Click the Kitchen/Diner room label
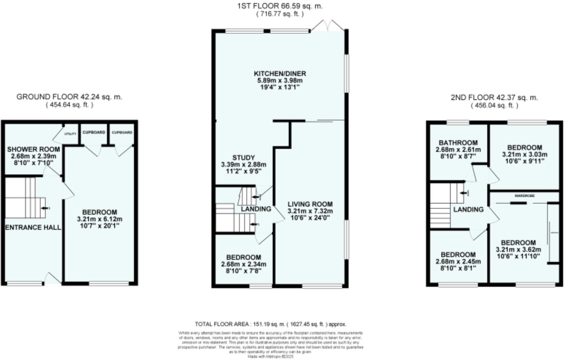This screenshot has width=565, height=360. click(280, 74)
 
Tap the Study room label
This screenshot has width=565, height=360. click(243, 158)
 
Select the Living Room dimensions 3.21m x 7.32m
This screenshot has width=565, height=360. click(310, 211)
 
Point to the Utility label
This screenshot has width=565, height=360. click(70, 134)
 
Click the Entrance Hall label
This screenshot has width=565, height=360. click(33, 227)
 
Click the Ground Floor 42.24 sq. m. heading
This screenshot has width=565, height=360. click(69, 97)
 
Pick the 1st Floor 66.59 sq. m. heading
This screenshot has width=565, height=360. click(280, 6)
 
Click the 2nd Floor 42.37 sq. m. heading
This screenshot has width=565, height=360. click(494, 97)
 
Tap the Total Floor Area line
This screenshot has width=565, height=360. click(270, 324)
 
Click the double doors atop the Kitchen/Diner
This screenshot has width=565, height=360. click(327, 26)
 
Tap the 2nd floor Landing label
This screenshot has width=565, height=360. click(468, 210)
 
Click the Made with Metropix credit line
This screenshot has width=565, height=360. click(270, 356)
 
